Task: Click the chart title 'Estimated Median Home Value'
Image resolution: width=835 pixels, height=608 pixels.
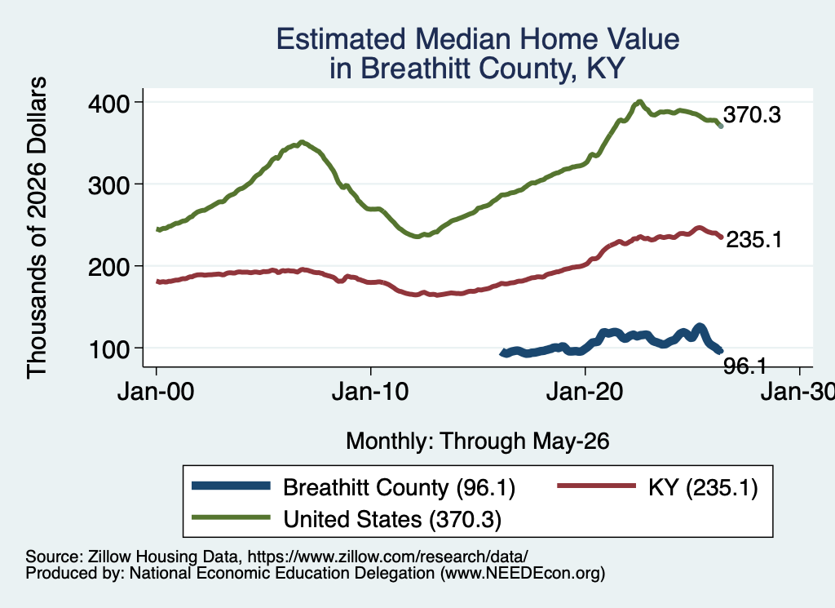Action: (478, 39)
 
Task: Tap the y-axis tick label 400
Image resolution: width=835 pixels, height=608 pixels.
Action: (109, 104)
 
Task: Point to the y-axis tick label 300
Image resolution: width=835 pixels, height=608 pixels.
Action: (109, 185)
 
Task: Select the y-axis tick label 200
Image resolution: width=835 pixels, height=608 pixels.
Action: (109, 268)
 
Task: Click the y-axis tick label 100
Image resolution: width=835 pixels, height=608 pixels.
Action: (109, 349)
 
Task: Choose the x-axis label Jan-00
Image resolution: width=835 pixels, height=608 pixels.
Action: (156, 393)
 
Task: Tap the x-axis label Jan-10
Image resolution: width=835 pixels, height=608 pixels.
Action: (370, 393)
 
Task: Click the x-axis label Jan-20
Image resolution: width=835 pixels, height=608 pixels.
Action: (585, 393)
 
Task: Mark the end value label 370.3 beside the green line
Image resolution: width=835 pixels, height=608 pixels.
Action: (752, 114)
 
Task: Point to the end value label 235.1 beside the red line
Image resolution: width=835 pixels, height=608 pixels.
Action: (754, 240)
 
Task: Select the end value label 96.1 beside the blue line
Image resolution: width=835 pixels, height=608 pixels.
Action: (744, 366)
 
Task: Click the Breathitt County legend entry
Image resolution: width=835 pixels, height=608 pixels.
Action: (354, 487)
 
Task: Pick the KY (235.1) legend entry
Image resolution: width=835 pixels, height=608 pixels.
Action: (657, 487)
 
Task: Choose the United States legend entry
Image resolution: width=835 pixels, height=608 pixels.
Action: (347, 519)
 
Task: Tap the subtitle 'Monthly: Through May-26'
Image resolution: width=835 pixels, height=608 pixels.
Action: (478, 442)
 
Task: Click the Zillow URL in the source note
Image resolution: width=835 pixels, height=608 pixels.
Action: (387, 557)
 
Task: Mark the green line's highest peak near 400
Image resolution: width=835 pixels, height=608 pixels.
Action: (639, 101)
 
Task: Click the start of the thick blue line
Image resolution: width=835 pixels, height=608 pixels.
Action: (502, 353)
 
